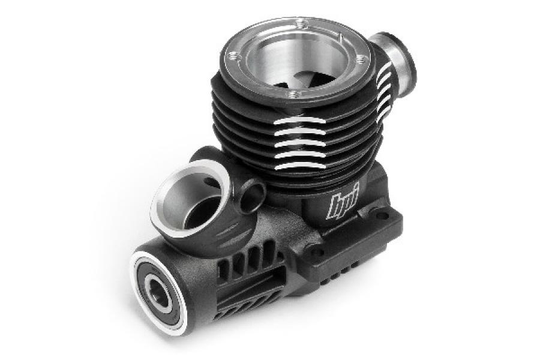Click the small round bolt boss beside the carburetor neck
coord(253,197)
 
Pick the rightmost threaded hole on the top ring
coord(361,59)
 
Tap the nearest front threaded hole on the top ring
coord(292,94)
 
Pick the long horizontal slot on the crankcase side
coord(240,296)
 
